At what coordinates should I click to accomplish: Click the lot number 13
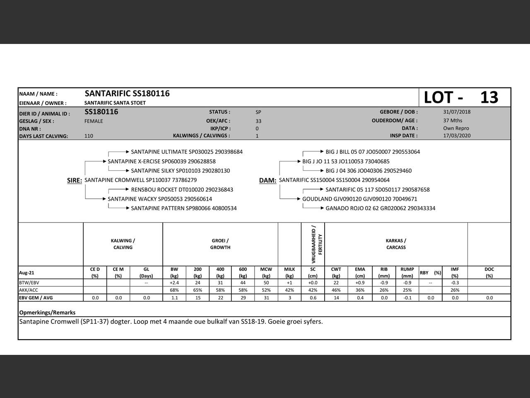pos(489,97)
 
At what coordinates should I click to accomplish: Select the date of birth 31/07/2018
pos(457,112)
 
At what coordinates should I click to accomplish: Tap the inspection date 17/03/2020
pos(457,136)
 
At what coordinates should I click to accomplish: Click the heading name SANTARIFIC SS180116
pos(127,94)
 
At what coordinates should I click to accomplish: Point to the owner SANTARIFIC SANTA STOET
pos(115,103)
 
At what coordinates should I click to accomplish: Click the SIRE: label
pos(75,180)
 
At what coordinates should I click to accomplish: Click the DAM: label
pos(267,180)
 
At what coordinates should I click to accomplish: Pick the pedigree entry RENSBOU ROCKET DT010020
pos(182,189)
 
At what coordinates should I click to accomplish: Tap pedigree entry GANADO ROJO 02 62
pos(380,208)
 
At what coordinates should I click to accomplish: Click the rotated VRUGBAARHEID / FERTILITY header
pos(317,244)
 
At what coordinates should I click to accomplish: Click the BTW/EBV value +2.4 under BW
pos(174,283)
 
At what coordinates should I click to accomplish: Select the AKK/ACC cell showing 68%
pos(174,290)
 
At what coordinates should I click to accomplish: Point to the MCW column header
pos(266,272)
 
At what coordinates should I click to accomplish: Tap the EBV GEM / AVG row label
pos(36,298)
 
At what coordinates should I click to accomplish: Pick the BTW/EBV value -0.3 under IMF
pos(455,283)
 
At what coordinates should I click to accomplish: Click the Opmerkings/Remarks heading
pos(47,313)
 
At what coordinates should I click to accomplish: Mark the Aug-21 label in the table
pos(26,273)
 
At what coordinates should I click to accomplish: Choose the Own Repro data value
pos(456,129)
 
